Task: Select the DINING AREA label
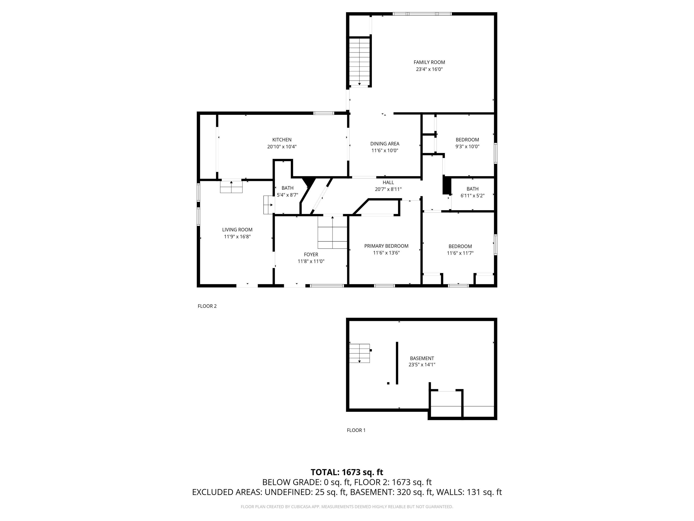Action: point(385,144)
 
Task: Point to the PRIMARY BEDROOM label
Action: point(386,246)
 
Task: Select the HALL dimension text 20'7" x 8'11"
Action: point(388,189)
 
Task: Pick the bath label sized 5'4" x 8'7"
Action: point(287,188)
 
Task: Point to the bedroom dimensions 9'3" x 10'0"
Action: point(467,146)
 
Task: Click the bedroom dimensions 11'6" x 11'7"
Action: point(460,253)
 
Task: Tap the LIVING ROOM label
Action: point(237,230)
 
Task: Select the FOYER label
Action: point(311,254)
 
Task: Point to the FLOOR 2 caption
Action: point(207,306)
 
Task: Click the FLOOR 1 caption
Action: point(356,430)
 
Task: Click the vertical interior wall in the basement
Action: point(397,363)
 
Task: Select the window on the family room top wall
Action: point(422,14)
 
